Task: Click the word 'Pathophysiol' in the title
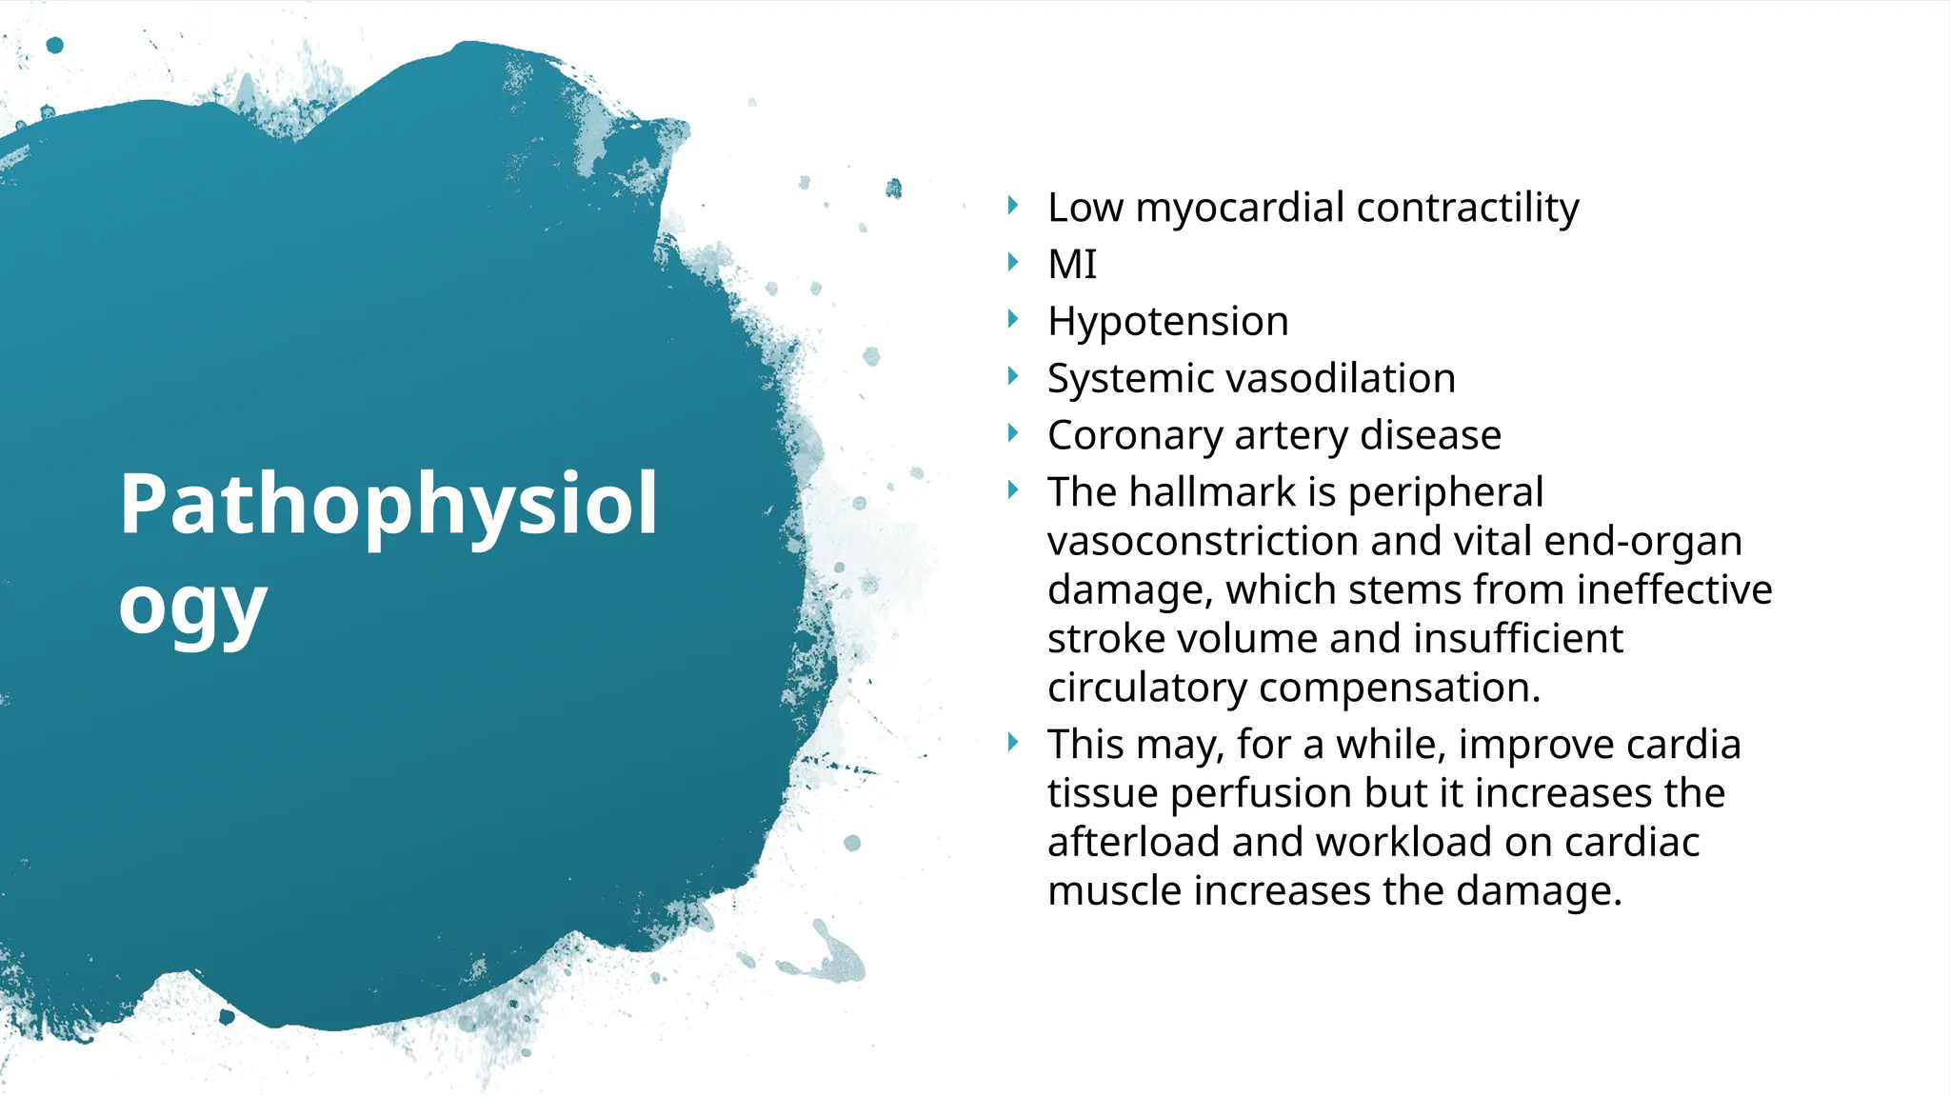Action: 388,505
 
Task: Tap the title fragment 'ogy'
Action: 192,608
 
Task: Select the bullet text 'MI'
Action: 1072,264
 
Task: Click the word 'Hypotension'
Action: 1167,321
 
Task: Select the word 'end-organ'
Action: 1642,541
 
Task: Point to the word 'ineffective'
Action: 1674,589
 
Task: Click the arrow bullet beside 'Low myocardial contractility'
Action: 1013,205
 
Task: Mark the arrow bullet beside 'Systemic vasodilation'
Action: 1013,376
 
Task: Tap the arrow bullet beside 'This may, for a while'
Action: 1013,742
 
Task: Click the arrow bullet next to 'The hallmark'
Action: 1013,490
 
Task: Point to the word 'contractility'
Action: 1467,208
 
